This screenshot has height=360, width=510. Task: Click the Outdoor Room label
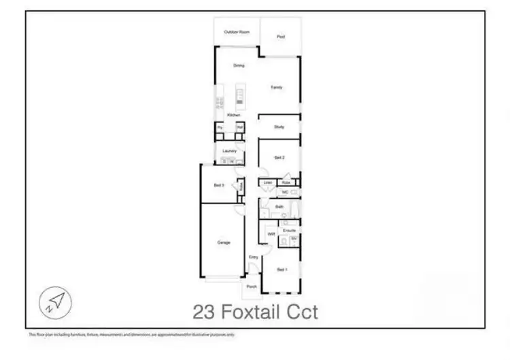click(x=237, y=32)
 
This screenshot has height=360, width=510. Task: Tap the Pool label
click(x=280, y=37)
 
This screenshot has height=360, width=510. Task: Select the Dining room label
click(x=239, y=66)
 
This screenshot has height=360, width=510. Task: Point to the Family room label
click(x=277, y=87)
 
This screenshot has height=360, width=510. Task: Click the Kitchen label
click(x=233, y=115)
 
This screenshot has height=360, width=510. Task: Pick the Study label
click(x=279, y=127)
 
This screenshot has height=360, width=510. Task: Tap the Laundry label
click(x=228, y=150)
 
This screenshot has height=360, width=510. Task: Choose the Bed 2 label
click(x=279, y=157)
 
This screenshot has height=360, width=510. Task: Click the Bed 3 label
click(x=219, y=185)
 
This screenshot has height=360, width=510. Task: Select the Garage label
click(x=223, y=242)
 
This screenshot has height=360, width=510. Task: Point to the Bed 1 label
click(x=282, y=269)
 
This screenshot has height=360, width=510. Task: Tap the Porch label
click(x=252, y=287)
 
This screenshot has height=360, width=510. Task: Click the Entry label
click(x=253, y=257)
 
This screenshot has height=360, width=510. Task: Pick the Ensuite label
click(x=289, y=231)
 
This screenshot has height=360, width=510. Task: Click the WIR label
click(x=271, y=234)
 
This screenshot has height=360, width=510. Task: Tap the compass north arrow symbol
click(x=56, y=300)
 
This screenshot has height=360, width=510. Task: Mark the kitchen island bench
click(x=239, y=95)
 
